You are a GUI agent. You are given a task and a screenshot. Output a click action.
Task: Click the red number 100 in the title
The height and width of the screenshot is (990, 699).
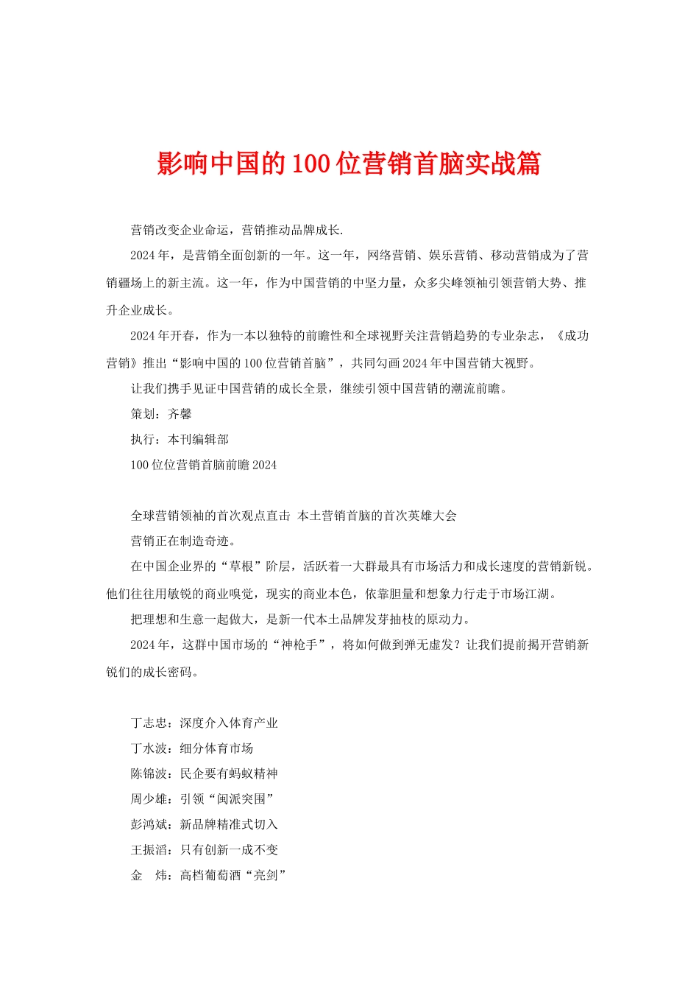310,164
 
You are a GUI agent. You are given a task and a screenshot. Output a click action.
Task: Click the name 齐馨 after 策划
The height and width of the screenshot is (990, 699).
180,414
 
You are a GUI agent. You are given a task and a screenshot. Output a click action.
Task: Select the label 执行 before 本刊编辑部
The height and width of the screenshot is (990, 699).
143,439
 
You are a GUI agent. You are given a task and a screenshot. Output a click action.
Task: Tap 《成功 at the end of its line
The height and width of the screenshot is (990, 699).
572,336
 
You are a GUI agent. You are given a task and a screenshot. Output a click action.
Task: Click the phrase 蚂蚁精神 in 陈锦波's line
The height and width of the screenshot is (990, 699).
253,773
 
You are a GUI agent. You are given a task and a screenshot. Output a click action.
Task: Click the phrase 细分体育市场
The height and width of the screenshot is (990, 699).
216,748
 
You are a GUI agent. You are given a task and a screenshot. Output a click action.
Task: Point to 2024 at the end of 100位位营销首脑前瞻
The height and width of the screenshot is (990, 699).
264,465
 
